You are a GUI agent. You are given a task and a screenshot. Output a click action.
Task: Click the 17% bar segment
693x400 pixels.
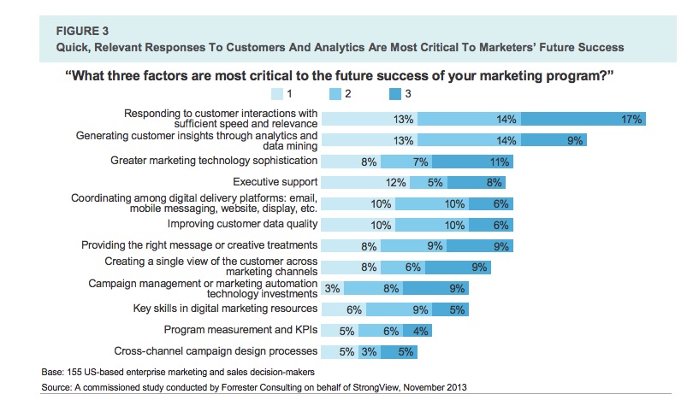[583, 120]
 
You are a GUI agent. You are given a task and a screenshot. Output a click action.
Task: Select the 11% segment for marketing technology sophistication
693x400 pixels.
[480, 160]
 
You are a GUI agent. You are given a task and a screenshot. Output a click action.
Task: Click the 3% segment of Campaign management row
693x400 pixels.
[332, 288]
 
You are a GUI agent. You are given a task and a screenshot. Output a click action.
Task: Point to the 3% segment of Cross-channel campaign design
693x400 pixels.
[369, 350]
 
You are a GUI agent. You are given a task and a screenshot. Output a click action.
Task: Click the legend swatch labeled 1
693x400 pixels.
[278, 94]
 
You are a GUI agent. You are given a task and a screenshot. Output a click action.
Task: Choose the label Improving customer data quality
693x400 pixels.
[242, 224]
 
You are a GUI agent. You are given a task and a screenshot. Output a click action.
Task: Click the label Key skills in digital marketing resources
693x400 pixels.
[225, 309]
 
